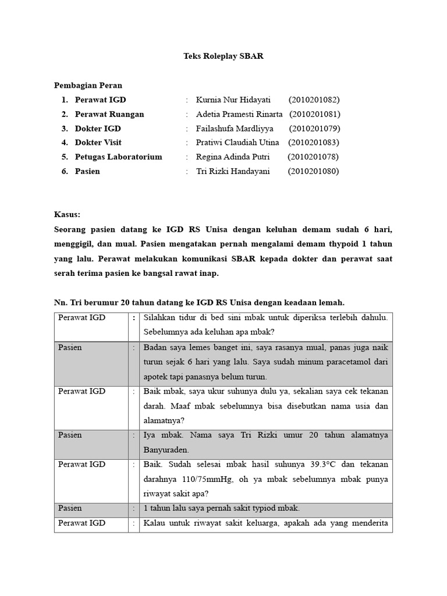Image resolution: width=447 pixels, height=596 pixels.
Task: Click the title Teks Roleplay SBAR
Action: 223,56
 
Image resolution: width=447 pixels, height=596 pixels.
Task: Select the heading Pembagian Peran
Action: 88,86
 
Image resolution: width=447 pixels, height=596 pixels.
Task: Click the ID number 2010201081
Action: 315,114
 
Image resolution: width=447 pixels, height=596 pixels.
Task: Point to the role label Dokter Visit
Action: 98,143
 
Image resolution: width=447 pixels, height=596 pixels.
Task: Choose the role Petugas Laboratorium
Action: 119,157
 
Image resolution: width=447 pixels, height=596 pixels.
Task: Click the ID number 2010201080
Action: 313,171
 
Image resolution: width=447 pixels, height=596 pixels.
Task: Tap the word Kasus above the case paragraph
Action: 67,214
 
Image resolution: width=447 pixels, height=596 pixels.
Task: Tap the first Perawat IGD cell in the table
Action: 81,318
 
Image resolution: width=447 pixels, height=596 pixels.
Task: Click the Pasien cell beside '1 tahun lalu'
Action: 70,508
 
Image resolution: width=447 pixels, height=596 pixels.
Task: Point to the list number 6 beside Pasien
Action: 65,171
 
